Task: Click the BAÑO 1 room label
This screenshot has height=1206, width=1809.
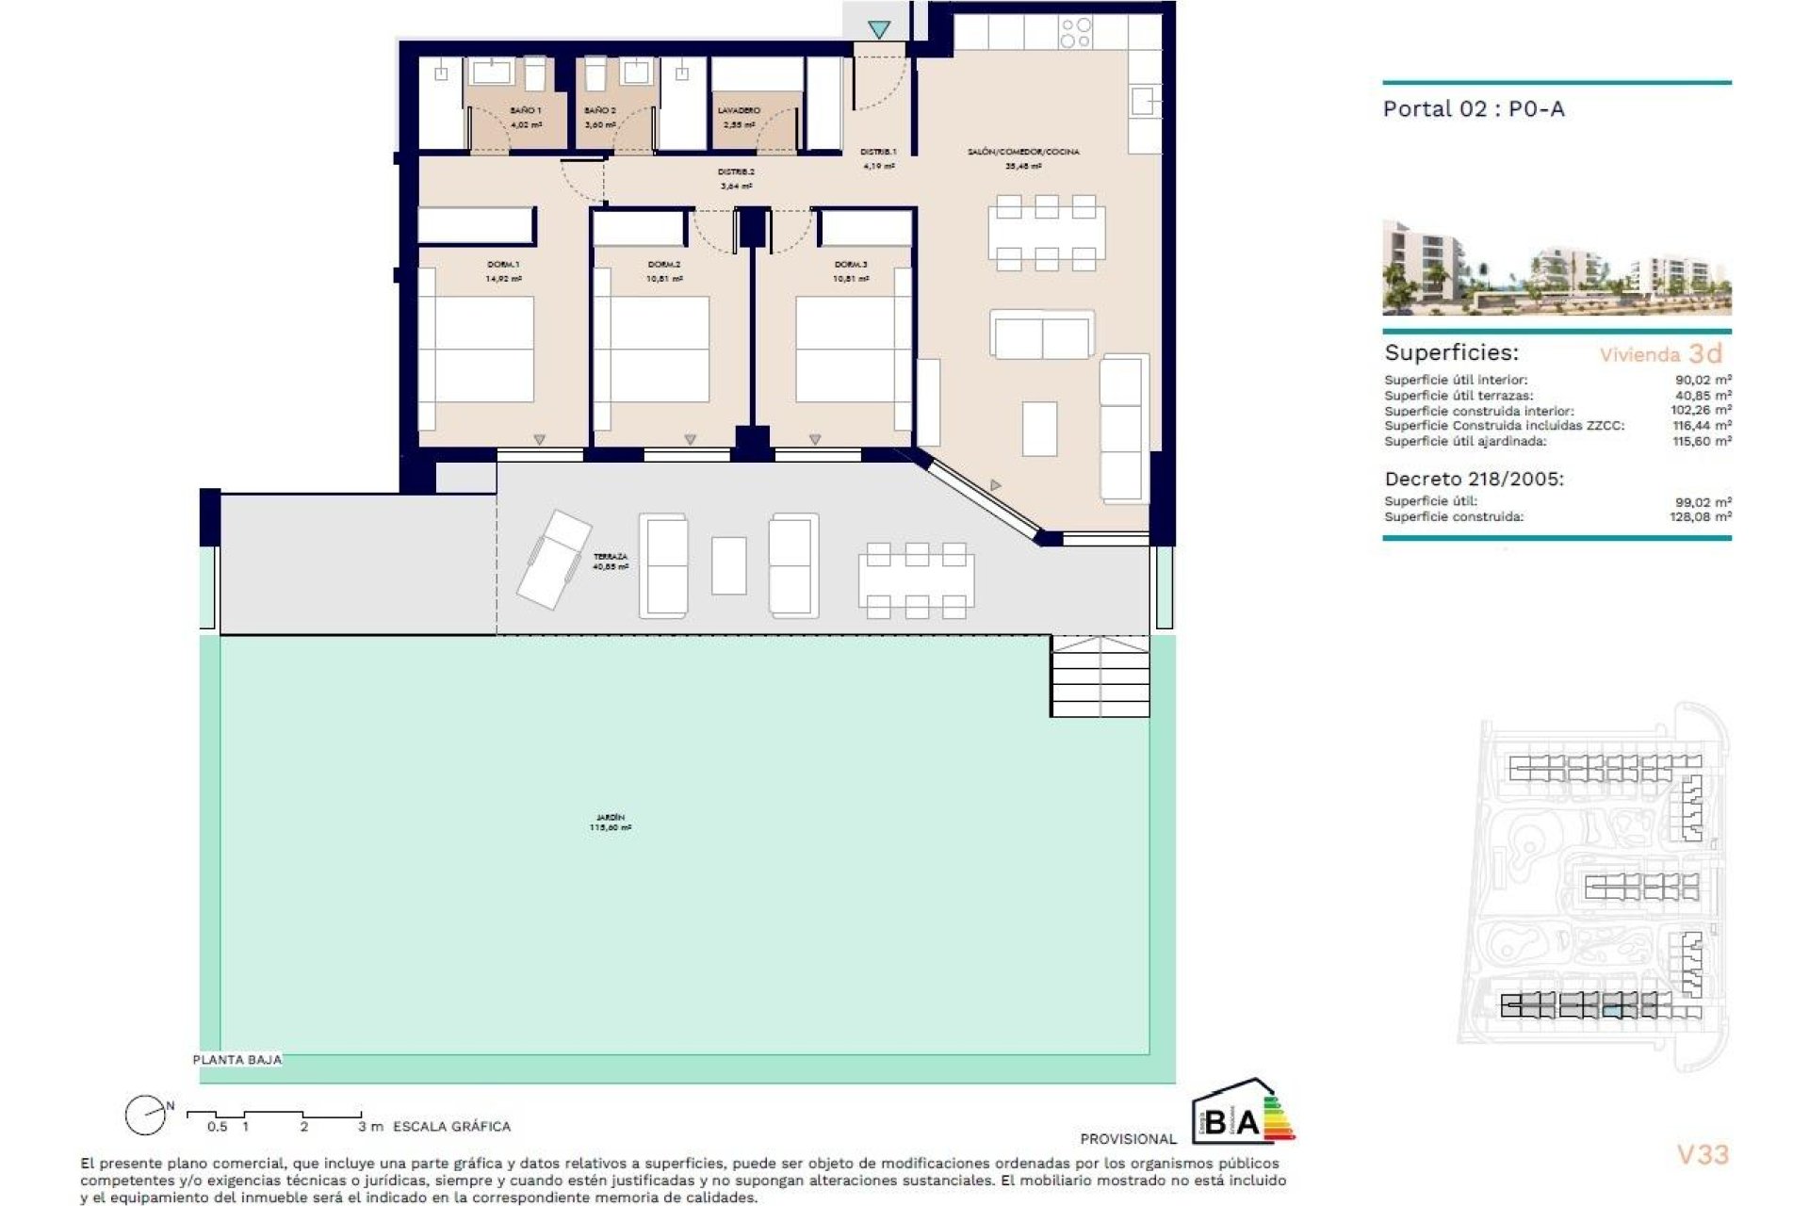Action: [525, 111]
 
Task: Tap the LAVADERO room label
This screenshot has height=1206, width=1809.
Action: [739, 111]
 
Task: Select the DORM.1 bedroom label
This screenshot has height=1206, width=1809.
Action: [503, 265]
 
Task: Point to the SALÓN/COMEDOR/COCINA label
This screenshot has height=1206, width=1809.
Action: [1023, 152]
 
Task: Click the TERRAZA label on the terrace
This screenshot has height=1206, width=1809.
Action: [610, 558]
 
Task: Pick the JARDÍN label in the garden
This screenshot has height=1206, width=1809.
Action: [610, 818]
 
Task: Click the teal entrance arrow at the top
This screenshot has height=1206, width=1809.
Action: [879, 30]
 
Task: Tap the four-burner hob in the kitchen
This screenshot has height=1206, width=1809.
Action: [1075, 33]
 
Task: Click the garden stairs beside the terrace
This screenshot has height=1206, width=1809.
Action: [1100, 676]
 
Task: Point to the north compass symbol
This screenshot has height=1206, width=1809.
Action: [146, 1116]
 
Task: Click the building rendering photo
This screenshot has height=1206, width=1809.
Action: [1556, 269]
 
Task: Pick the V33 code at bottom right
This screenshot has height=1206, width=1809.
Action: [1703, 1154]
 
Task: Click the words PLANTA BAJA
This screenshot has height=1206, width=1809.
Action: [236, 1060]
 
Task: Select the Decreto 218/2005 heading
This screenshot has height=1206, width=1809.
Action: [1474, 479]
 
